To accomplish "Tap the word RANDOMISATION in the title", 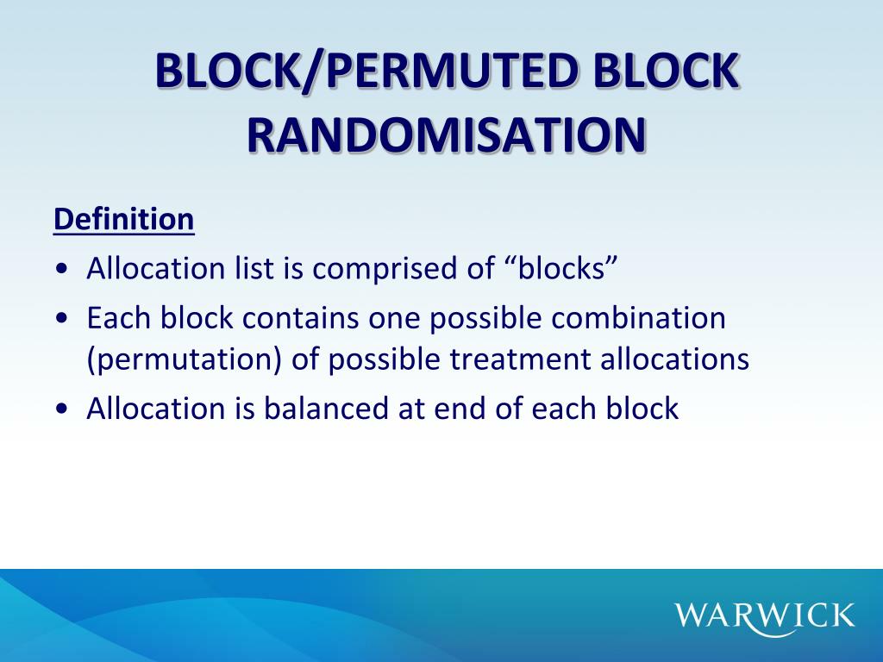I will coord(447,135).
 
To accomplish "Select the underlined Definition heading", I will coord(123,219).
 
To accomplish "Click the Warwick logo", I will coord(765,615).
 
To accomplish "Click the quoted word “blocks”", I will coord(559,269).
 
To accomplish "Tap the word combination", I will coord(639,318).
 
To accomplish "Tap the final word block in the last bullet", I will coord(643,409).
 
